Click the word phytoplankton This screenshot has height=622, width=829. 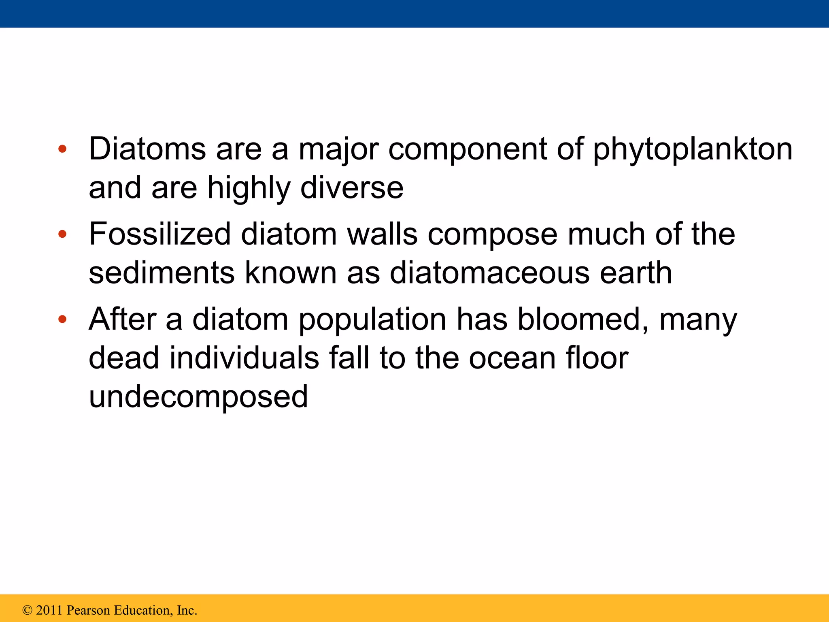click(693, 150)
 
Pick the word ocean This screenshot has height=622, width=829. click(512, 358)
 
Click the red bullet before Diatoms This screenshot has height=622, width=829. click(62, 149)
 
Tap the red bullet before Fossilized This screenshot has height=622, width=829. click(62, 234)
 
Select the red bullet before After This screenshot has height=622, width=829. click(62, 320)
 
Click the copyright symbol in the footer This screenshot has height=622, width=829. click(28, 610)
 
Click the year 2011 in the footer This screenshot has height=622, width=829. click(49, 610)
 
